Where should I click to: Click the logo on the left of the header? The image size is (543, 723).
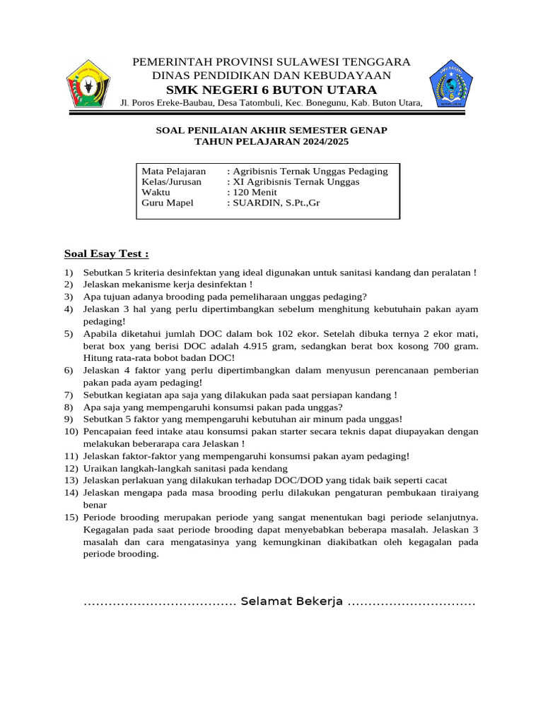click(x=88, y=83)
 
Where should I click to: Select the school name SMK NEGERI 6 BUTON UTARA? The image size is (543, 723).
click(x=271, y=90)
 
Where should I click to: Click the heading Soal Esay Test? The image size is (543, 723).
click(x=107, y=253)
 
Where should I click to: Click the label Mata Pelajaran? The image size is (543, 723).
click(x=174, y=172)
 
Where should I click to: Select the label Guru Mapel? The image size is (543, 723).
click(x=168, y=203)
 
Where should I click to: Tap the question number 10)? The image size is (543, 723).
click(x=71, y=431)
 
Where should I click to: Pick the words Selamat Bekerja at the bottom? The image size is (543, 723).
click(x=291, y=602)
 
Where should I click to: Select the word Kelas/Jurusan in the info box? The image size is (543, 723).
click(x=172, y=182)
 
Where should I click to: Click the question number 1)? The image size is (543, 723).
click(x=69, y=273)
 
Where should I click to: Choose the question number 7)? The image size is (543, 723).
click(x=69, y=395)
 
